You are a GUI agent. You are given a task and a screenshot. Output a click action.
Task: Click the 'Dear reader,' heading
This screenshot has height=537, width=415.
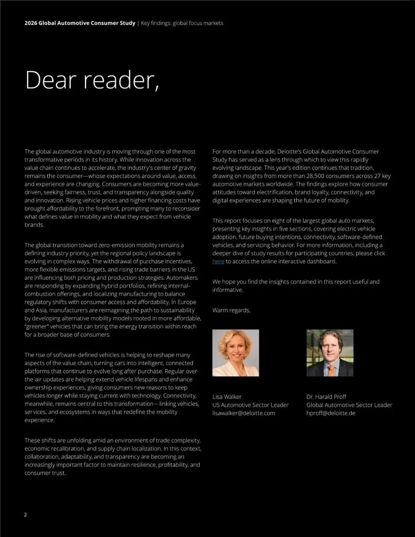(92, 80)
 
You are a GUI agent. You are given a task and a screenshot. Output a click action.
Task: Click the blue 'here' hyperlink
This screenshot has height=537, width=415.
(218, 261)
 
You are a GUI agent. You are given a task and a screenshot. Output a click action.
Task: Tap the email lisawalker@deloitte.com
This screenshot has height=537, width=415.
(244, 413)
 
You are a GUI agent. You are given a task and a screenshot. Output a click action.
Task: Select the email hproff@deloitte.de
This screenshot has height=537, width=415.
(330, 413)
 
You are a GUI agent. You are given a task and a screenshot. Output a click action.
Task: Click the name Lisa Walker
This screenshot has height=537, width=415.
(227, 397)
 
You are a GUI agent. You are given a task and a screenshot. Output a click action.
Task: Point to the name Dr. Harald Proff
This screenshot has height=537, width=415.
(326, 397)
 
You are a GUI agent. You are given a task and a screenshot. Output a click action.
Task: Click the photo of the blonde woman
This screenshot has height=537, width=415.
(236, 352)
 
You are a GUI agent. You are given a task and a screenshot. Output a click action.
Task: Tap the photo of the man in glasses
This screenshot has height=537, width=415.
(330, 352)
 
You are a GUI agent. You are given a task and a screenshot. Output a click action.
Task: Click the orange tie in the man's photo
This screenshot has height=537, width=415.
(331, 370)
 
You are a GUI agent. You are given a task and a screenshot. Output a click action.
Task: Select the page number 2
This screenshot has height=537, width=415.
(25, 515)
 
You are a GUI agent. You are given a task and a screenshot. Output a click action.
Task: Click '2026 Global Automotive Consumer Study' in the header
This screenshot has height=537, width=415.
(80, 23)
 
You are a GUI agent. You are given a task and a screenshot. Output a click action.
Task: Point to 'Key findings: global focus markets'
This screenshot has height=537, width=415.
(182, 23)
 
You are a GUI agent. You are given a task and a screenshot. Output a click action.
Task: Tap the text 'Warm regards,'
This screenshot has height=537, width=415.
(231, 310)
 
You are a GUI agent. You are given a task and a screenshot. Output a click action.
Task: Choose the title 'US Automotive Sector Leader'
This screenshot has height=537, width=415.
(250, 405)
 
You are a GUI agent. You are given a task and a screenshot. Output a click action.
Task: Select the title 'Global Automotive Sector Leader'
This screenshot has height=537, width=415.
(349, 405)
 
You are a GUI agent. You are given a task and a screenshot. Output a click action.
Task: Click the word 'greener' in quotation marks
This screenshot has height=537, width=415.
(37, 326)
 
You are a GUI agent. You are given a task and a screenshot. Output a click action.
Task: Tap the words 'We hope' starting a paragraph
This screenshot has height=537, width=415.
(224, 282)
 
